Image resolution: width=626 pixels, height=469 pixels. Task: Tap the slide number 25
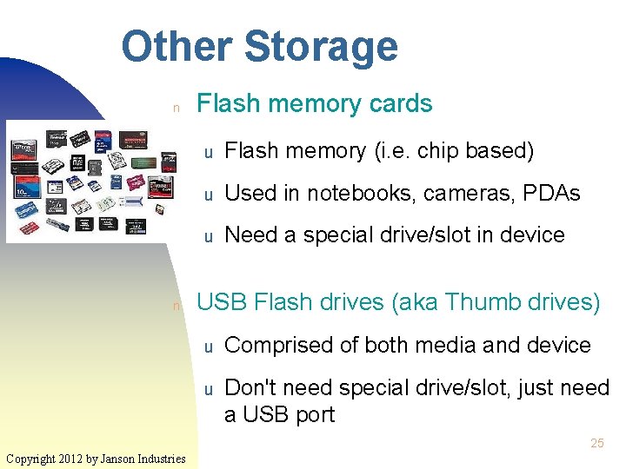[x=596, y=443]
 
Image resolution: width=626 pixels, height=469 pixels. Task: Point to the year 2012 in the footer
[x=75, y=458]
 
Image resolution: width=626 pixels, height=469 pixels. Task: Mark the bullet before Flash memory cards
[x=176, y=109]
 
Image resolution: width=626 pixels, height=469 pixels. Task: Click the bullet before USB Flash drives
[x=176, y=307]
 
